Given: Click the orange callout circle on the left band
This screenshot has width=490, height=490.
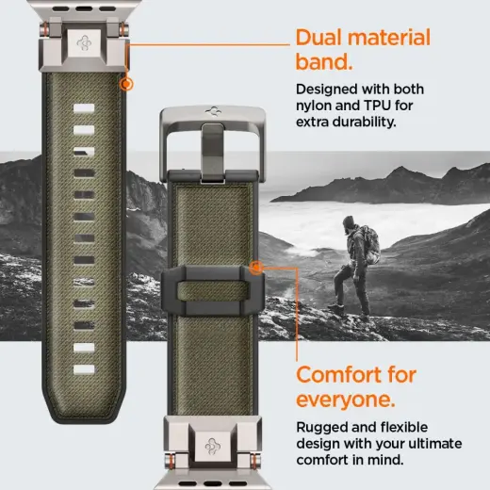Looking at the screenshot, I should pyautogui.click(x=126, y=84).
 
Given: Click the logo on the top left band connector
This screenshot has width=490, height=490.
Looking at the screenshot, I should pyautogui.click(x=81, y=42).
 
